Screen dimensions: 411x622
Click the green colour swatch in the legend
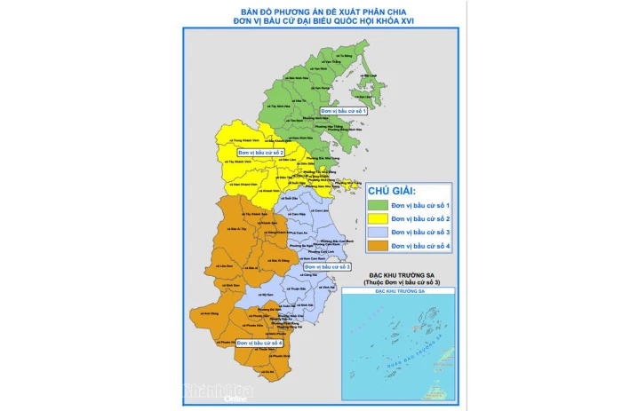point(379,205)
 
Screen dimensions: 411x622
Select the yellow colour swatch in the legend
point(379,218)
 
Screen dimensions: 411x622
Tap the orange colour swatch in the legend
point(379,245)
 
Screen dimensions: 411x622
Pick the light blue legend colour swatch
point(379,232)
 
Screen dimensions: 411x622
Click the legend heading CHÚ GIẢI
point(391,190)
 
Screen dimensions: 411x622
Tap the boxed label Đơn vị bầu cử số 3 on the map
point(328,265)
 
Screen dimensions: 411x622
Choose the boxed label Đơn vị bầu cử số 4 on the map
point(259,342)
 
